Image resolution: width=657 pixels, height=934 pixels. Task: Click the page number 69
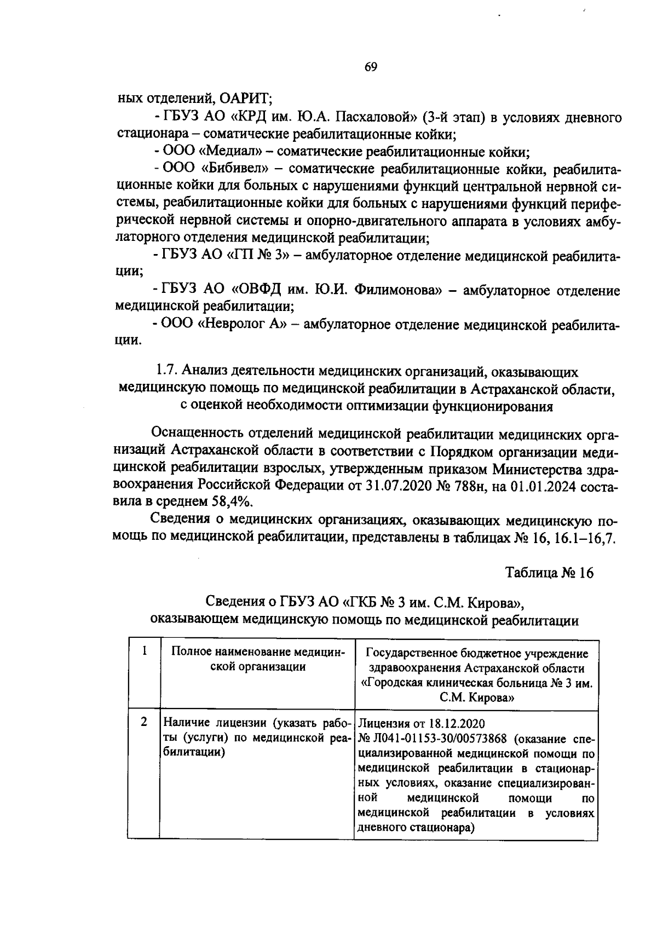click(x=371, y=67)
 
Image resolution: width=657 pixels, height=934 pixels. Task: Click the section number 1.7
click(x=167, y=372)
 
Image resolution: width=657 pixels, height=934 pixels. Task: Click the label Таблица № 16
click(x=549, y=573)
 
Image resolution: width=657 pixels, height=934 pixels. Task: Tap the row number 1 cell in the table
click(x=144, y=651)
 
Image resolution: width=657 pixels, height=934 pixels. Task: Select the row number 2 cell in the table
click(x=144, y=722)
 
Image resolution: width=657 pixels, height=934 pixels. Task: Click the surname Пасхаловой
click(x=382, y=117)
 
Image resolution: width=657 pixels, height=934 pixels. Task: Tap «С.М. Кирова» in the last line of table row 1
click(x=476, y=697)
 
